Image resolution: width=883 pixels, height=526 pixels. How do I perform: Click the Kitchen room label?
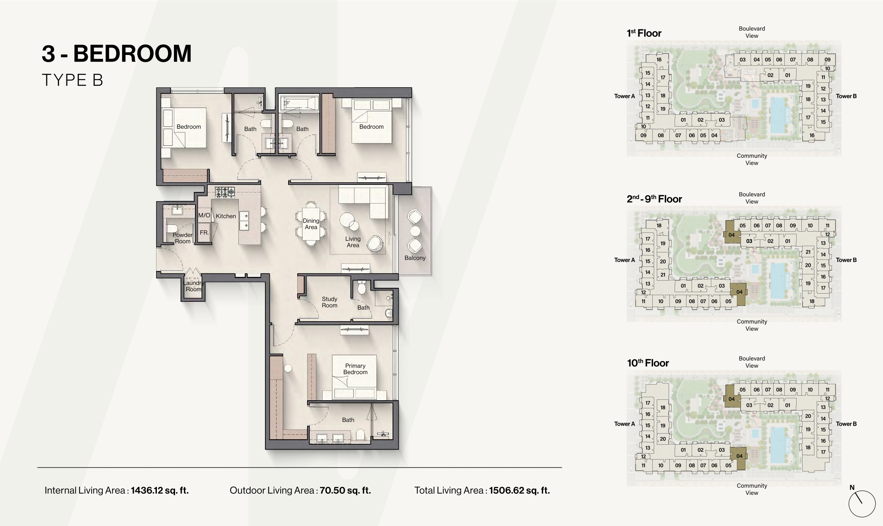(x=226, y=216)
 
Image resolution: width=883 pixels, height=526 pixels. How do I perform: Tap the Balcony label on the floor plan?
(x=415, y=258)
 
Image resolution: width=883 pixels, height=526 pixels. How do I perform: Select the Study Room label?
(x=330, y=302)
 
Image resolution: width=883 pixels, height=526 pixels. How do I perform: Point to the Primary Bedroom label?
(x=355, y=369)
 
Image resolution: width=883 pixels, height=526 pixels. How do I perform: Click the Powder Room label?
(x=183, y=238)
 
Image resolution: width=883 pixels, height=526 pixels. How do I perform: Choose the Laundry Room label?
(x=194, y=286)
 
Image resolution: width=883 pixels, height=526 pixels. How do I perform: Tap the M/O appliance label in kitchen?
(x=204, y=215)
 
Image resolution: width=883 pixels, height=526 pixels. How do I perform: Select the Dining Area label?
(x=311, y=224)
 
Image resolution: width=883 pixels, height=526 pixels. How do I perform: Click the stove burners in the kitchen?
(x=225, y=192)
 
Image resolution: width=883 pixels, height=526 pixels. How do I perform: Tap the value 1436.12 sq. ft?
(x=160, y=490)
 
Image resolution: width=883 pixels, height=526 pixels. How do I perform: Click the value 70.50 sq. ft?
(x=346, y=490)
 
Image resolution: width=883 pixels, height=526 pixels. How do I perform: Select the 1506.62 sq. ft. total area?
(x=520, y=490)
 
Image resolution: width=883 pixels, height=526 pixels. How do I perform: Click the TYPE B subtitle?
(x=72, y=80)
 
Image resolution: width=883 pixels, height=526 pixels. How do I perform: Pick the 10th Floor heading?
(x=648, y=363)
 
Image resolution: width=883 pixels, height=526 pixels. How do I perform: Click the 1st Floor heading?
(x=644, y=33)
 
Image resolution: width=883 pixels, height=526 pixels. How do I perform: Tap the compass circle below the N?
(x=862, y=504)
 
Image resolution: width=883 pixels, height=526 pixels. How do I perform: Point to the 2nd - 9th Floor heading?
(x=655, y=199)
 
